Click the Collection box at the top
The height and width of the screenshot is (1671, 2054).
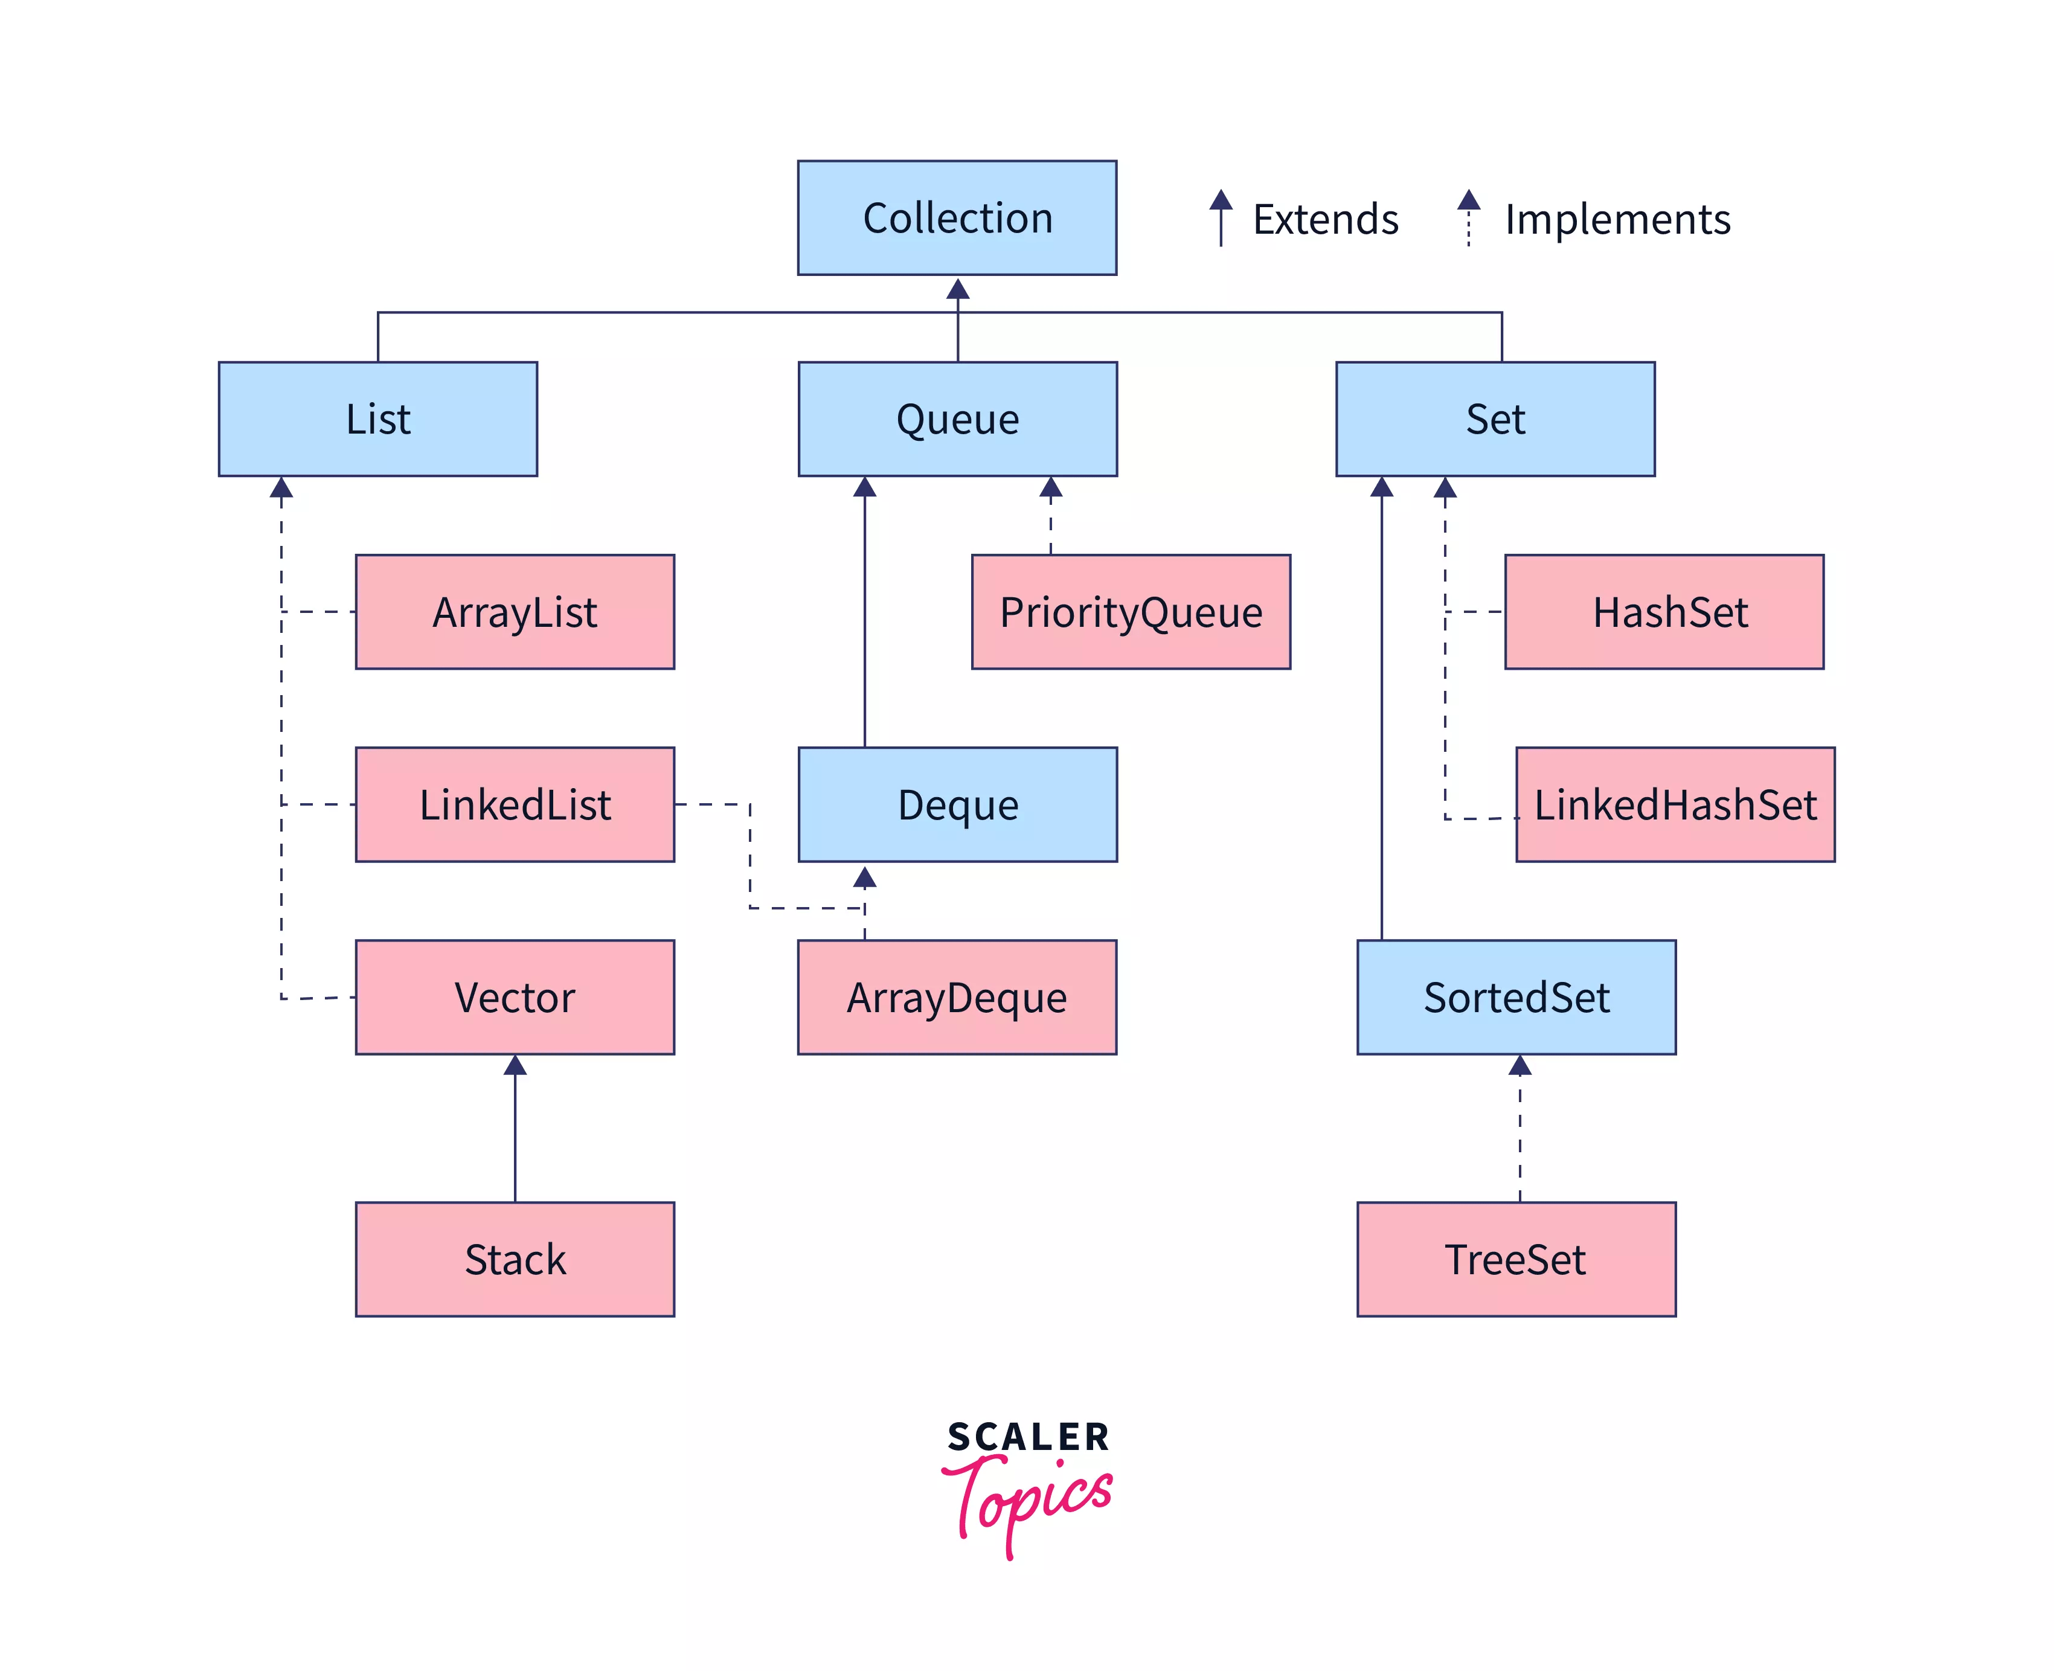coord(957,217)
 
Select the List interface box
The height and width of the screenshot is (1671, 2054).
coord(377,419)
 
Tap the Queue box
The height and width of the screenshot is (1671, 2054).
coord(957,419)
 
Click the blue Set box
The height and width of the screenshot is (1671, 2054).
coord(1495,419)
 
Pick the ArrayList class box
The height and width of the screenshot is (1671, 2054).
coord(515,612)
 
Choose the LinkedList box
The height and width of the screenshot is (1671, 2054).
coord(515,804)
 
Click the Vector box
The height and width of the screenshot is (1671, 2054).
coord(515,997)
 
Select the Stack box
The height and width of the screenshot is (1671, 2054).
coord(515,1259)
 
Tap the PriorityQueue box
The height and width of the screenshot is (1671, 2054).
coord(1131,612)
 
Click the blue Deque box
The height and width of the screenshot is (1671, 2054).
coord(957,804)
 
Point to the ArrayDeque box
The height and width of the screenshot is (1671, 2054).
coord(957,997)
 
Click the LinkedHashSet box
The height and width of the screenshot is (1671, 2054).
coord(1675,804)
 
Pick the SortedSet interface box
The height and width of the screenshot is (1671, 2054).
coord(1516,997)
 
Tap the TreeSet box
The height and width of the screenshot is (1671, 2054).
coord(1516,1259)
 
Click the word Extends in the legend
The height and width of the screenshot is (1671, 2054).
coord(1326,219)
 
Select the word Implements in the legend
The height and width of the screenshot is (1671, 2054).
coord(1617,219)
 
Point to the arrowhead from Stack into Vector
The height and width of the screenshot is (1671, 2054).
coord(515,1065)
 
